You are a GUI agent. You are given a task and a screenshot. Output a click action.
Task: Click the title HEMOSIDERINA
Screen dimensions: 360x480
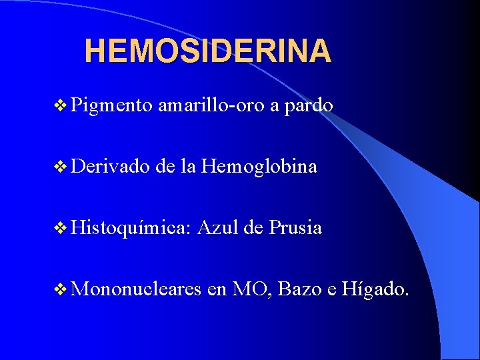[207, 51]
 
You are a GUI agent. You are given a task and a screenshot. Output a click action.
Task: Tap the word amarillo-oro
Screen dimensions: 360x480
[211, 105]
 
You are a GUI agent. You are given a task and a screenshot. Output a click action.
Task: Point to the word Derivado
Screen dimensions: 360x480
[111, 167]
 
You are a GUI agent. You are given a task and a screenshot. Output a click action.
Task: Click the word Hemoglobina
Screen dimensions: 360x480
[259, 167]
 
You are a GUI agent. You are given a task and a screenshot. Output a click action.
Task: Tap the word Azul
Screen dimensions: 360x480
[219, 228]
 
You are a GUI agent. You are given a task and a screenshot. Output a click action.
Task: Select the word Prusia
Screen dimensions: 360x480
[295, 228]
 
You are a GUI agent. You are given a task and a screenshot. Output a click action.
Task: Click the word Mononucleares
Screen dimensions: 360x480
[137, 289]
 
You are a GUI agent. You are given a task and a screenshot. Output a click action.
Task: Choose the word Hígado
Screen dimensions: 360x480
[373, 289]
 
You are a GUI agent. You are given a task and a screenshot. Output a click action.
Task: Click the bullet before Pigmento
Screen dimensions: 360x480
[59, 106]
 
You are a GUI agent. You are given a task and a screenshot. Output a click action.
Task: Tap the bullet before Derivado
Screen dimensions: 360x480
[59, 167]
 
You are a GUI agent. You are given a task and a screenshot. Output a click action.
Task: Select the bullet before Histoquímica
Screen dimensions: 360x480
[59, 229]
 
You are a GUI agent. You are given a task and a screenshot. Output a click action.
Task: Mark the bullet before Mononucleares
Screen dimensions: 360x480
[59, 290]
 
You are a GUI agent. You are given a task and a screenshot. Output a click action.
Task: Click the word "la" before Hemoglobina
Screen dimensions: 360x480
[187, 167]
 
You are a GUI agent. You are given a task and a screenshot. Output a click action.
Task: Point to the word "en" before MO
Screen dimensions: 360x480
[217, 291]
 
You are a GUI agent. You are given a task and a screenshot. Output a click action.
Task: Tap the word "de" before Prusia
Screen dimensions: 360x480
[254, 228]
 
